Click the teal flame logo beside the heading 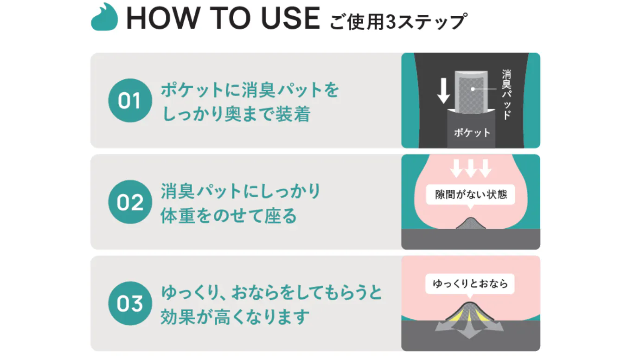point(104,17)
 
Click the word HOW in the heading point(163,18)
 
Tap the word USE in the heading point(291,18)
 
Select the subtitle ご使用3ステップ point(398,21)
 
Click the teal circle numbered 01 point(130,101)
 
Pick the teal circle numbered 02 point(130,202)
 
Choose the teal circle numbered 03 point(130,303)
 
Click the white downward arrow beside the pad point(443,91)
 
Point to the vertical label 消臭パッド point(506,95)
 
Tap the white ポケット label point(472,133)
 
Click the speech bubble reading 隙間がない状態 point(471,195)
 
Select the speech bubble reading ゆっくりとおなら point(470,284)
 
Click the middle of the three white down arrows point(471,168)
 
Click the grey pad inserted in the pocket point(472,92)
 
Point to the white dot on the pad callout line point(473,89)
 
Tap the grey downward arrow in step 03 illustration point(469,328)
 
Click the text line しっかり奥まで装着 point(236,114)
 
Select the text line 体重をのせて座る point(229,215)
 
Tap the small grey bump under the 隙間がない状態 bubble point(471,224)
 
